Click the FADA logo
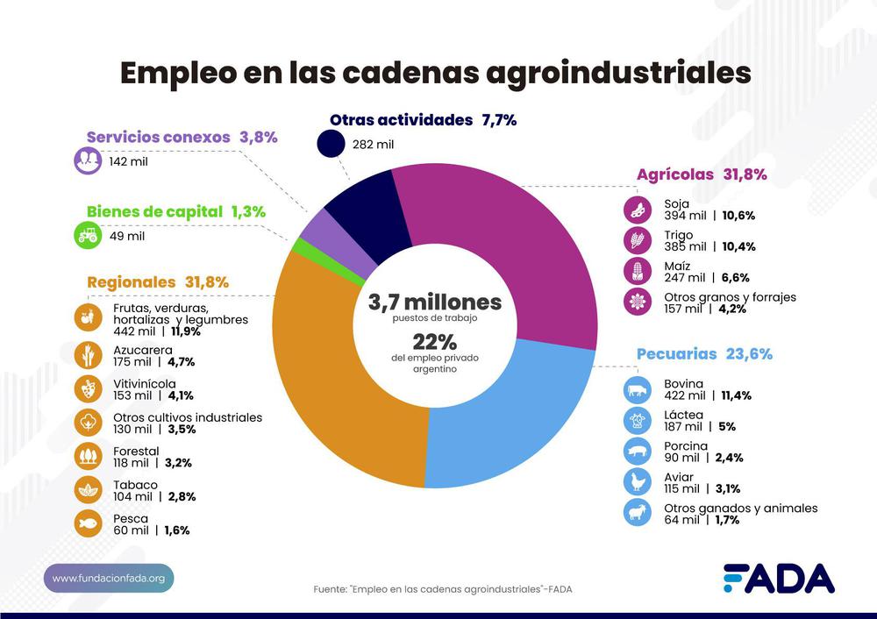pyautogui.click(x=779, y=579)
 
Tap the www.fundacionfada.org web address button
pyautogui.click(x=109, y=579)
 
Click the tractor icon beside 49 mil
pyautogui.click(x=88, y=235)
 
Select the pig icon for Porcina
pyautogui.click(x=637, y=452)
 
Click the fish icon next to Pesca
pyautogui.click(x=88, y=523)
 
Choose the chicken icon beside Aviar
pyautogui.click(x=637, y=481)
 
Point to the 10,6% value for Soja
pyautogui.click(x=738, y=216)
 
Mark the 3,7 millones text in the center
pyautogui.click(x=434, y=302)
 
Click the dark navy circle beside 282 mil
pyautogui.click(x=332, y=145)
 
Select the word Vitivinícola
pyautogui.click(x=145, y=383)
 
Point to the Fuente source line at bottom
pyautogui.click(x=443, y=589)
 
